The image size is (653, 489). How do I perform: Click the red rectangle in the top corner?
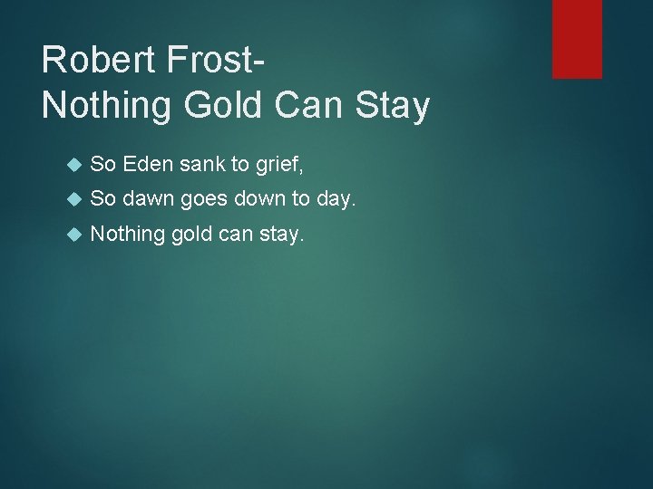577,38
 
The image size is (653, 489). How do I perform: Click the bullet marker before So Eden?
75,165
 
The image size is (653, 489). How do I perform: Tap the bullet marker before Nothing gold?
75,235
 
